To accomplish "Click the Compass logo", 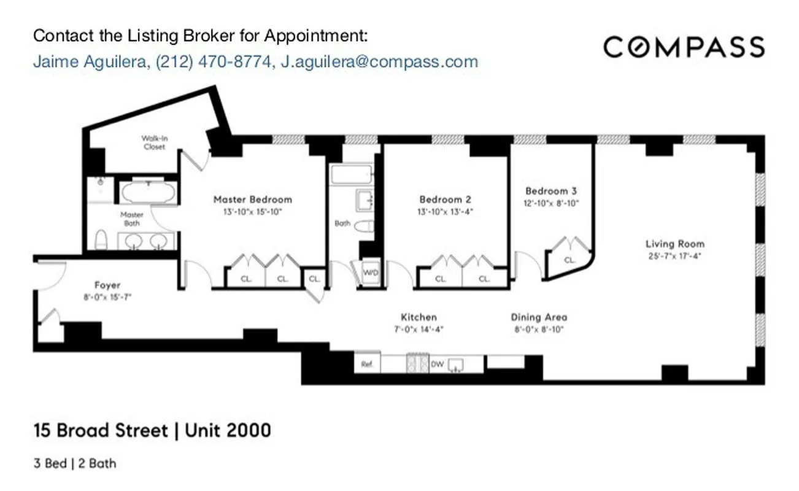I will click(x=684, y=47).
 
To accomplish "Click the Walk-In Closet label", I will click(x=154, y=142).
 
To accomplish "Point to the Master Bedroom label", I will click(x=252, y=199).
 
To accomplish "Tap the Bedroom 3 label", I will click(x=550, y=191).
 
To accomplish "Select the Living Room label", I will click(x=674, y=244).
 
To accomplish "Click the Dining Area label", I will click(x=539, y=317).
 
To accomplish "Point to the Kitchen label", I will click(x=419, y=317).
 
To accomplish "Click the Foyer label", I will click(x=107, y=285).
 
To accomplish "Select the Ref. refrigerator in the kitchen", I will click(x=367, y=364).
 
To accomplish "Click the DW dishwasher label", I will click(x=437, y=364).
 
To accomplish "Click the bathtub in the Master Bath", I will click(x=148, y=193).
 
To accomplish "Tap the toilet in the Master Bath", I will click(x=102, y=239).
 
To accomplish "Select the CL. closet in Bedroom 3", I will click(x=569, y=260).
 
